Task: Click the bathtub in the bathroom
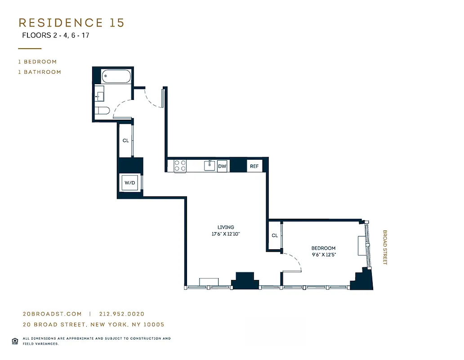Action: [x=116, y=76]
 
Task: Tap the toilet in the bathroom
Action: [x=102, y=111]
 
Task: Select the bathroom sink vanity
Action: [x=100, y=95]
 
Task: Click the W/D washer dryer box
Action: [x=130, y=183]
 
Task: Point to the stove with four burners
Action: [x=180, y=166]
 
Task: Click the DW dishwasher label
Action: [x=222, y=166]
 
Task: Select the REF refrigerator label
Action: [x=254, y=166]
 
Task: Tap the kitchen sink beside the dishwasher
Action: [x=209, y=166]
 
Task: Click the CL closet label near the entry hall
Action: [x=125, y=140]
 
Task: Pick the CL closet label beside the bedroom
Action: [x=274, y=235]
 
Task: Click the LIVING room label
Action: [x=225, y=227]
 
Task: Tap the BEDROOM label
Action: [x=323, y=248]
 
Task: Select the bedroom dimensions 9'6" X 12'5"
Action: [x=323, y=255]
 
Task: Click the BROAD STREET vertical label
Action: [x=385, y=247]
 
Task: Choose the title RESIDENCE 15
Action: [x=71, y=23]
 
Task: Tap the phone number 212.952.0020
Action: [x=122, y=314]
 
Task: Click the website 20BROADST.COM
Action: [x=52, y=314]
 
